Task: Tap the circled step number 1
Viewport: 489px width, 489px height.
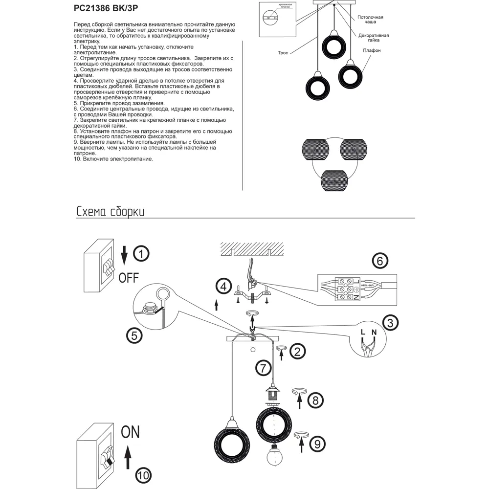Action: [x=141, y=254]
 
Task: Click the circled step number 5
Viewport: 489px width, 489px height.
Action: [x=134, y=335]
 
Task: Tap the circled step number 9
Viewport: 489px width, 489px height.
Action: [x=317, y=444]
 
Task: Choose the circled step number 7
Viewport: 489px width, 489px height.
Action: [x=263, y=366]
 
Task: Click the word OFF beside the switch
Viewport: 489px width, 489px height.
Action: [x=129, y=278]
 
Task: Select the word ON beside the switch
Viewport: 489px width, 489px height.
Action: [x=130, y=432]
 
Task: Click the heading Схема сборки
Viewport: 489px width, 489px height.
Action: [x=110, y=212]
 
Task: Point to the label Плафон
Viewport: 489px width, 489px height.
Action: [x=372, y=50]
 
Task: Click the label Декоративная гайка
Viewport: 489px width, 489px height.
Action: [x=373, y=38]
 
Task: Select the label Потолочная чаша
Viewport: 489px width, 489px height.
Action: [x=370, y=20]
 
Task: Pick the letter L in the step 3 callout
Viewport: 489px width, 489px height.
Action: [x=362, y=332]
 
